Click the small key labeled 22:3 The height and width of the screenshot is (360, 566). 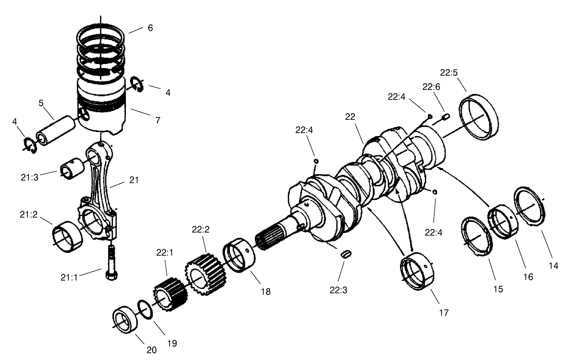346,254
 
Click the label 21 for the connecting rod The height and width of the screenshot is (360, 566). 135,180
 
